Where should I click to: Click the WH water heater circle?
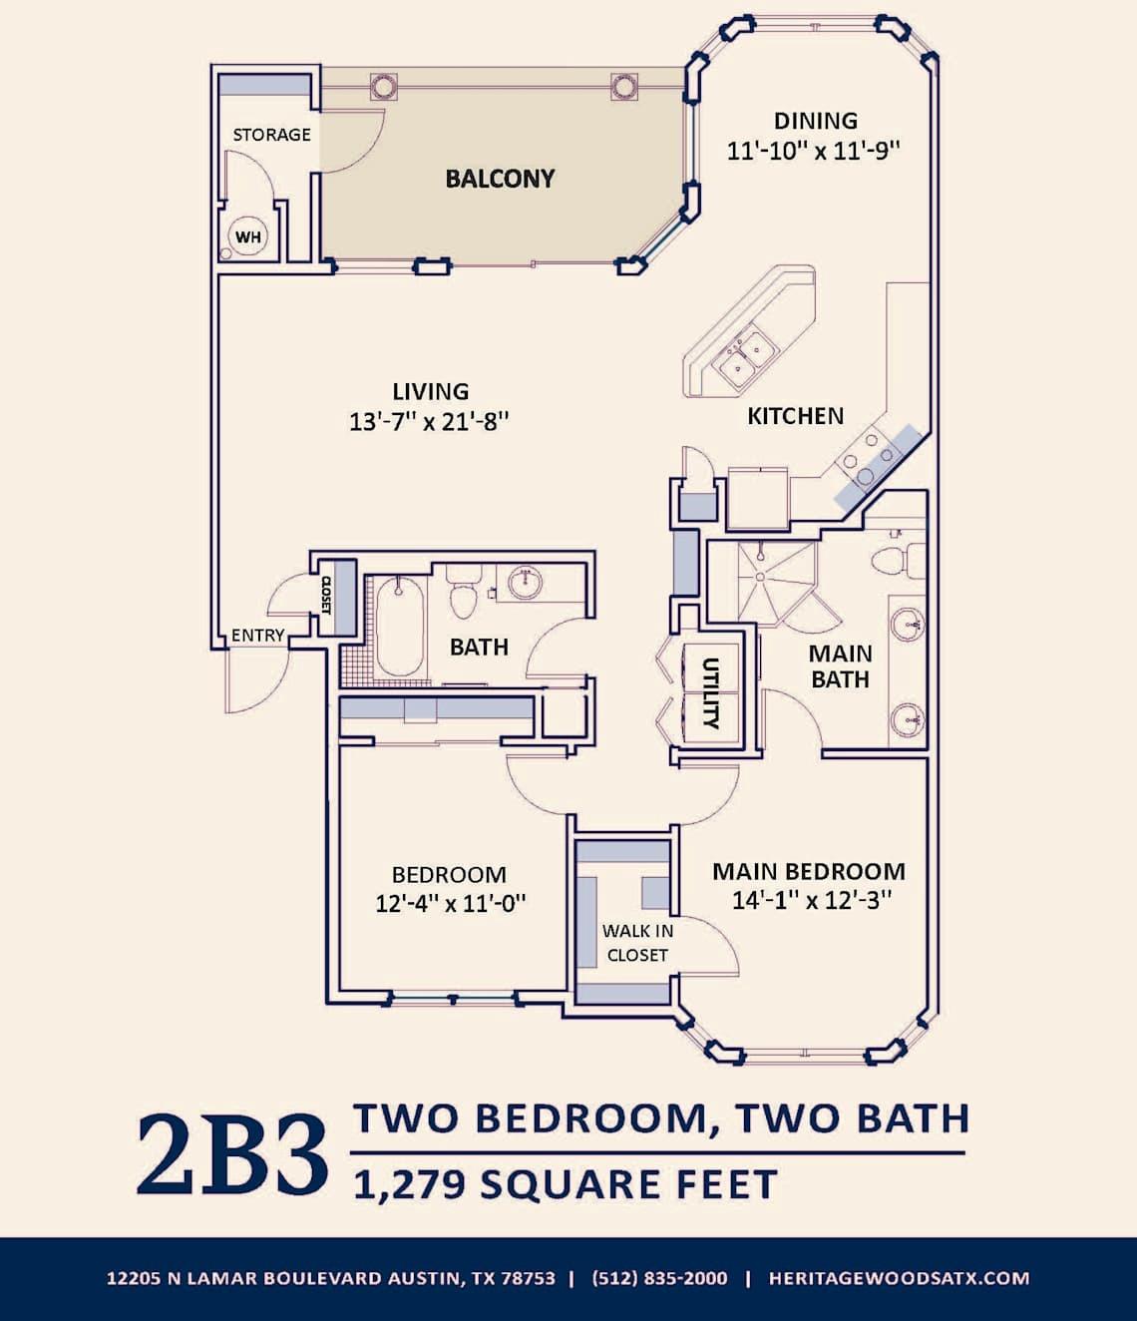[248, 237]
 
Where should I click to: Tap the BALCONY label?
[500, 179]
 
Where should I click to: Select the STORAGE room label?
[271, 135]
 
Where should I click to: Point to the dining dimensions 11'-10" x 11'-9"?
[815, 151]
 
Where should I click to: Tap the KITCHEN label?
[795, 416]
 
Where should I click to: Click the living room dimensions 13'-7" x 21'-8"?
[429, 421]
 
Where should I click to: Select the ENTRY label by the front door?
[257, 636]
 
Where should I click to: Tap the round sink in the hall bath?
[526, 582]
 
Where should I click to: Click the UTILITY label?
[711, 692]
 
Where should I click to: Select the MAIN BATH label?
[840, 666]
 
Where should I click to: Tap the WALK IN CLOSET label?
[637, 943]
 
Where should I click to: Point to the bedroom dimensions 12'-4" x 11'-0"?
[450, 904]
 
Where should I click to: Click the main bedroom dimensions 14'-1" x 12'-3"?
[811, 900]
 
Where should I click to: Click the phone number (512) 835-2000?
[659, 1278]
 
